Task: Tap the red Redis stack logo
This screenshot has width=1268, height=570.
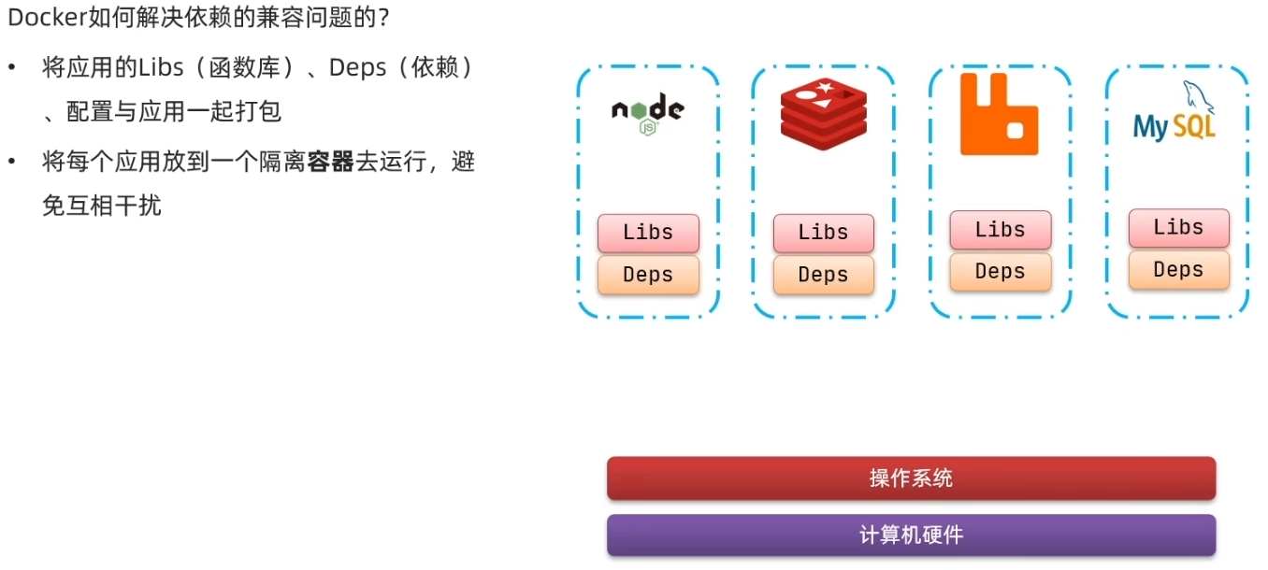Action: (x=824, y=114)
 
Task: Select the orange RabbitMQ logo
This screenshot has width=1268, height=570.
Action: (x=999, y=114)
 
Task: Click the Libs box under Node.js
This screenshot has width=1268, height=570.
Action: (x=648, y=233)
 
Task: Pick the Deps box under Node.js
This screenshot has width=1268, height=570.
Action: (x=648, y=275)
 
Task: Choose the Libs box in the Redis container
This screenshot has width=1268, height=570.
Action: (x=823, y=233)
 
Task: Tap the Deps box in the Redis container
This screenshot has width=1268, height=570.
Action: (x=823, y=275)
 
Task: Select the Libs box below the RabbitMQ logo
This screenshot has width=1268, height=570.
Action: (x=1000, y=230)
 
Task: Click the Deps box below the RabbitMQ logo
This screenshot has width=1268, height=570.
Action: (x=1000, y=271)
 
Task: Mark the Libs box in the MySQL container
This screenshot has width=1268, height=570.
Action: (x=1178, y=227)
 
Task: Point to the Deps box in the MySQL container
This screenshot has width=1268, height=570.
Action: (x=1178, y=269)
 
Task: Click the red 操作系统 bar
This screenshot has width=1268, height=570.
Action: (x=911, y=478)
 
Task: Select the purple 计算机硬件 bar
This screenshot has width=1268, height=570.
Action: (x=911, y=535)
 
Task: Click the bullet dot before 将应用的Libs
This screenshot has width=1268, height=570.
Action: (x=12, y=68)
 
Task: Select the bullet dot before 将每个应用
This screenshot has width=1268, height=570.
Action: (x=12, y=163)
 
